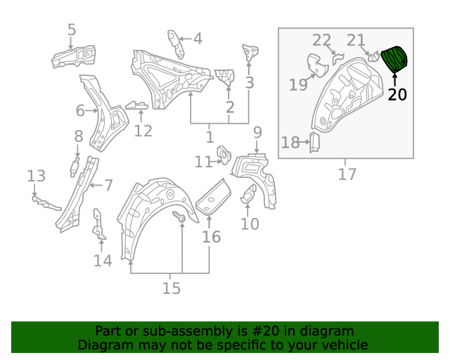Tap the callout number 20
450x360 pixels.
coord(397,94)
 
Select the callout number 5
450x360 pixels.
coord(72,30)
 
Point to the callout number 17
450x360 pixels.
coord(347,174)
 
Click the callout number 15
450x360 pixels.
coord(171,288)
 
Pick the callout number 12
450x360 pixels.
coord(143,130)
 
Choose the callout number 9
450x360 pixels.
coord(257,131)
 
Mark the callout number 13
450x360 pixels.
coord(36,176)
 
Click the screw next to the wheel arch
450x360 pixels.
coord(179,219)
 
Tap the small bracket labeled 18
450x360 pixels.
coord(314,143)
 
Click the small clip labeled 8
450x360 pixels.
coord(73,167)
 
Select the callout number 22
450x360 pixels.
coord(321,39)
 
